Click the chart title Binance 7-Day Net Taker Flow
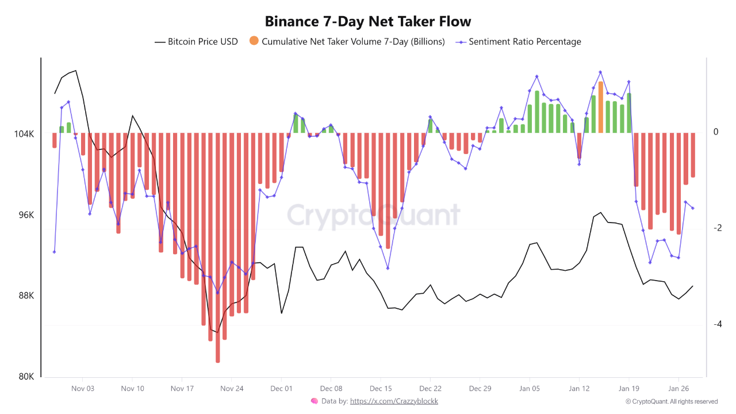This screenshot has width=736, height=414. point(368,22)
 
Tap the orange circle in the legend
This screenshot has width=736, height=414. point(254,41)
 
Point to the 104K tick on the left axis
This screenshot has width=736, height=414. point(24,134)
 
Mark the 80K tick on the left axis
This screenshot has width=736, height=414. point(26,377)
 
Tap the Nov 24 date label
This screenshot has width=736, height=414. point(232,389)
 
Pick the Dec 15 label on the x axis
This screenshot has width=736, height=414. point(381,389)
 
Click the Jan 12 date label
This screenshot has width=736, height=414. point(579,389)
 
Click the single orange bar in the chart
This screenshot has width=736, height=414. point(600,107)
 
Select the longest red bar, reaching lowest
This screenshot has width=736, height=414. point(217,247)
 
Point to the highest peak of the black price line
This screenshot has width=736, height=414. point(76,71)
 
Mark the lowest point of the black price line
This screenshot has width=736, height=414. point(217,332)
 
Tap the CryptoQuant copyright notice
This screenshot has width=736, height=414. point(671,401)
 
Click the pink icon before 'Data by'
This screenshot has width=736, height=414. point(314,401)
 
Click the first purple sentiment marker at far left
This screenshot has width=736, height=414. point(54,252)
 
